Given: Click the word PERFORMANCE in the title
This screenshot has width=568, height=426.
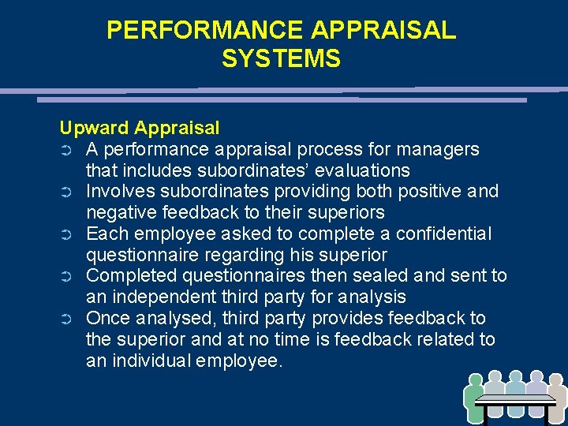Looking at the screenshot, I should point(205,30).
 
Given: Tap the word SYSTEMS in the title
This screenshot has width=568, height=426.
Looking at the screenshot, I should point(281,59).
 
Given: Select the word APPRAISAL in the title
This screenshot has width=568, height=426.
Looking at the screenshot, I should point(383,30).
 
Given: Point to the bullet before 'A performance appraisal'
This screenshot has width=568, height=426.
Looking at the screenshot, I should point(66,150).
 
